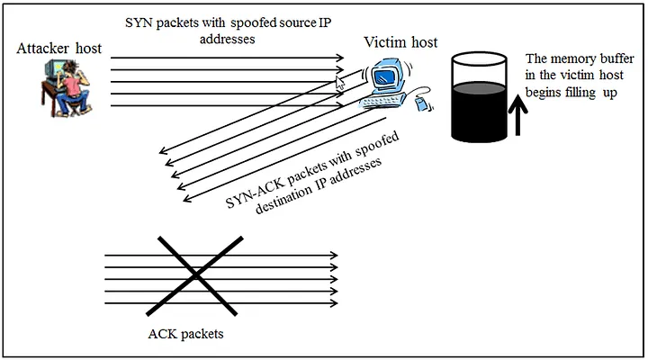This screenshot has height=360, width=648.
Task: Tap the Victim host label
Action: pyautogui.click(x=400, y=43)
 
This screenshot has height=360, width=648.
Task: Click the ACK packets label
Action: pyautogui.click(x=185, y=335)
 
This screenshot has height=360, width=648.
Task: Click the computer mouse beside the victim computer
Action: pyautogui.click(x=420, y=107)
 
